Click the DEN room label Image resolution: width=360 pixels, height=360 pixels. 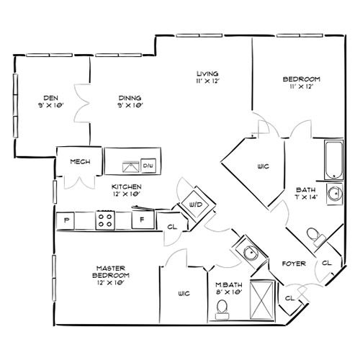tap(50, 98)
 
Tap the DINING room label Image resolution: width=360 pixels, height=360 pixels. tap(130, 98)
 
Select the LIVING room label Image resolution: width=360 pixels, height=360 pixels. tap(207, 73)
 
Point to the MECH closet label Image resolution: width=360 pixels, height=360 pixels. tap(80, 161)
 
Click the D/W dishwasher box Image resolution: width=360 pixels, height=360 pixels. tap(148, 166)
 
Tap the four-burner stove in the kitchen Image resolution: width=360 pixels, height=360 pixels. tap(105, 220)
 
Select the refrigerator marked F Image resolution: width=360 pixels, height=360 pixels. tap(143, 220)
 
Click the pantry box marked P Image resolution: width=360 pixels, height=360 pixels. tap(66, 220)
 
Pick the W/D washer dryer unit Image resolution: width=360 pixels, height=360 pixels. tap(196, 204)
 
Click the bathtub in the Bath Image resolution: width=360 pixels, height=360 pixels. tap(334, 160)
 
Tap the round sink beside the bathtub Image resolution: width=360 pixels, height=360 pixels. tap(335, 194)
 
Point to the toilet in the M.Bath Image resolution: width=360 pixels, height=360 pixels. tap(222, 310)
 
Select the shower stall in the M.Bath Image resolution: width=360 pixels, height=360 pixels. tap(262, 300)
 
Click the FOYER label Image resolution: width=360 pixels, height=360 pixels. tap(294, 264)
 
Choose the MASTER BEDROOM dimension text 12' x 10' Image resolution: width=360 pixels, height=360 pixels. tap(110, 283)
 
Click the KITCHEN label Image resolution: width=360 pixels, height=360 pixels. tap(127, 186)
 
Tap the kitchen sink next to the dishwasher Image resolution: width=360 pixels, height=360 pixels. tap(131, 167)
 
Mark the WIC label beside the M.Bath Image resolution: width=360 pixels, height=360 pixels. tap(184, 293)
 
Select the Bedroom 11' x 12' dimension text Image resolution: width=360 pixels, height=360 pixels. tap(302, 86)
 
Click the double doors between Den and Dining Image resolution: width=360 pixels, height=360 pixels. tap(83, 103)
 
